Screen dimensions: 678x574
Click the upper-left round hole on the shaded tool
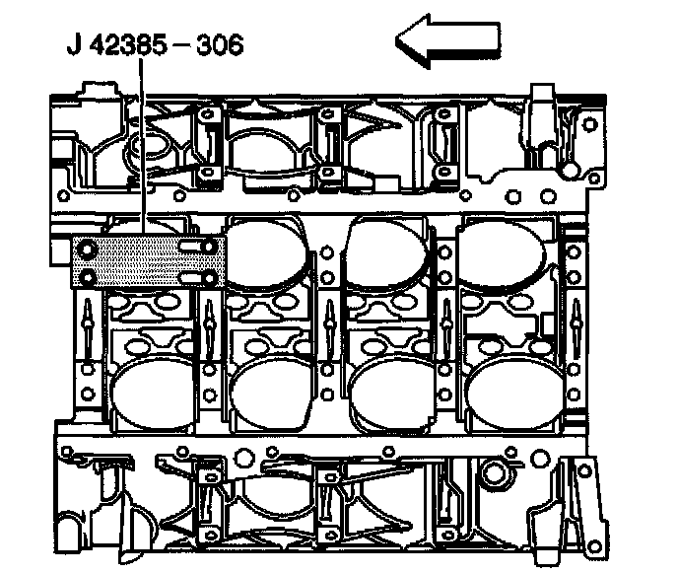point(88,249)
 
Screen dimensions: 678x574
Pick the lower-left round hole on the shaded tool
point(88,278)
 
